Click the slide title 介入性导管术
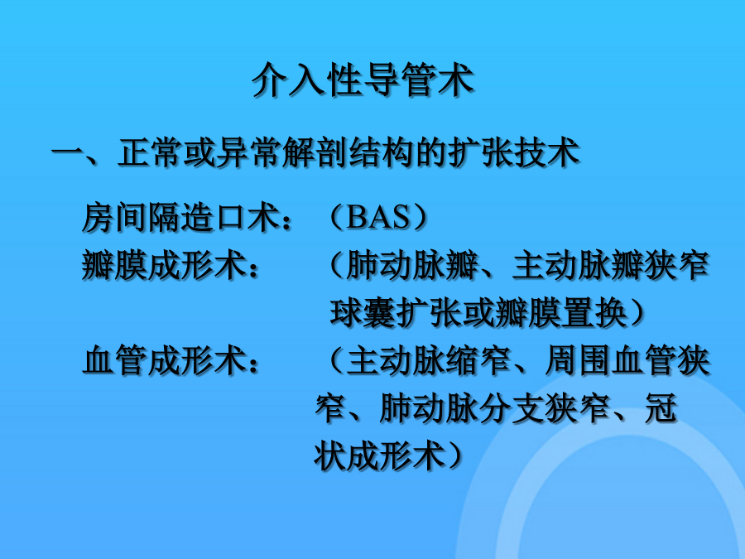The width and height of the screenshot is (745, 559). [x=363, y=80]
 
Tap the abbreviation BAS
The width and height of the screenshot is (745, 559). [x=378, y=218]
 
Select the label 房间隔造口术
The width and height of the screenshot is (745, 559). [x=180, y=218]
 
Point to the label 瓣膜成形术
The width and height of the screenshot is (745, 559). [x=163, y=265]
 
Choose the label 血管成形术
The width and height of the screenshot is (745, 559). [x=163, y=360]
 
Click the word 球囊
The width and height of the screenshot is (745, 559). [x=363, y=313]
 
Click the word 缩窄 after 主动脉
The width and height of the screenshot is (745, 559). [x=478, y=360]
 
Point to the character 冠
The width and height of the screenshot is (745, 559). [x=661, y=407]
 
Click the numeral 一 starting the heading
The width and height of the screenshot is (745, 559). [x=67, y=152]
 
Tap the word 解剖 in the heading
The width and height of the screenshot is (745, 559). [x=314, y=152]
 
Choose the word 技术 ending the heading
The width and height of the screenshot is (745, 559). [x=547, y=152]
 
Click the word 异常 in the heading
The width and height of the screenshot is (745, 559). [x=248, y=152]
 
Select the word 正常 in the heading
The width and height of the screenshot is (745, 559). [x=150, y=152]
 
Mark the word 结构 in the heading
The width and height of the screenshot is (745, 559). [x=381, y=152]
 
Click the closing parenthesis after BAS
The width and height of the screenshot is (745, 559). [x=419, y=218]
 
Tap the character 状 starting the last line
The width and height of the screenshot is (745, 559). [x=329, y=455]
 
